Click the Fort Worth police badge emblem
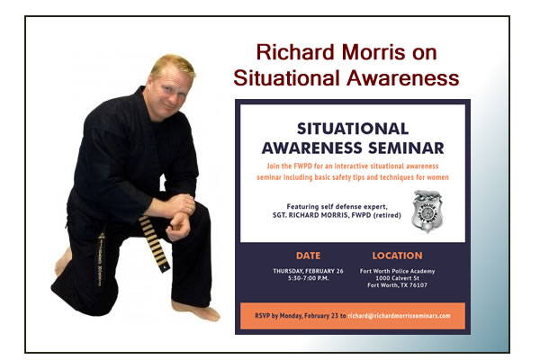[x=427, y=211]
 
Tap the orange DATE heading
[x=308, y=256]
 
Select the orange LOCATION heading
[x=397, y=256]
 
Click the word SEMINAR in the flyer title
[x=406, y=148]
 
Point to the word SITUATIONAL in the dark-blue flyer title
[x=353, y=129]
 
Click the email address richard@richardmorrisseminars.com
[x=399, y=316]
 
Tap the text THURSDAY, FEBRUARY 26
[x=308, y=271]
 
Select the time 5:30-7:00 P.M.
[x=308, y=278]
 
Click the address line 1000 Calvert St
[x=397, y=278]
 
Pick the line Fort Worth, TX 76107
[x=397, y=285]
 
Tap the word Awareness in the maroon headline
[x=402, y=78]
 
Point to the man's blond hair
[x=173, y=65]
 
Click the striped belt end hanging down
[x=154, y=243]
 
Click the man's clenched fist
[x=178, y=227]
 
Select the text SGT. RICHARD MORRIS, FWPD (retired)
[x=337, y=215]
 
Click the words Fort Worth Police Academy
[x=397, y=271]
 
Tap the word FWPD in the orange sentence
[x=302, y=166]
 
